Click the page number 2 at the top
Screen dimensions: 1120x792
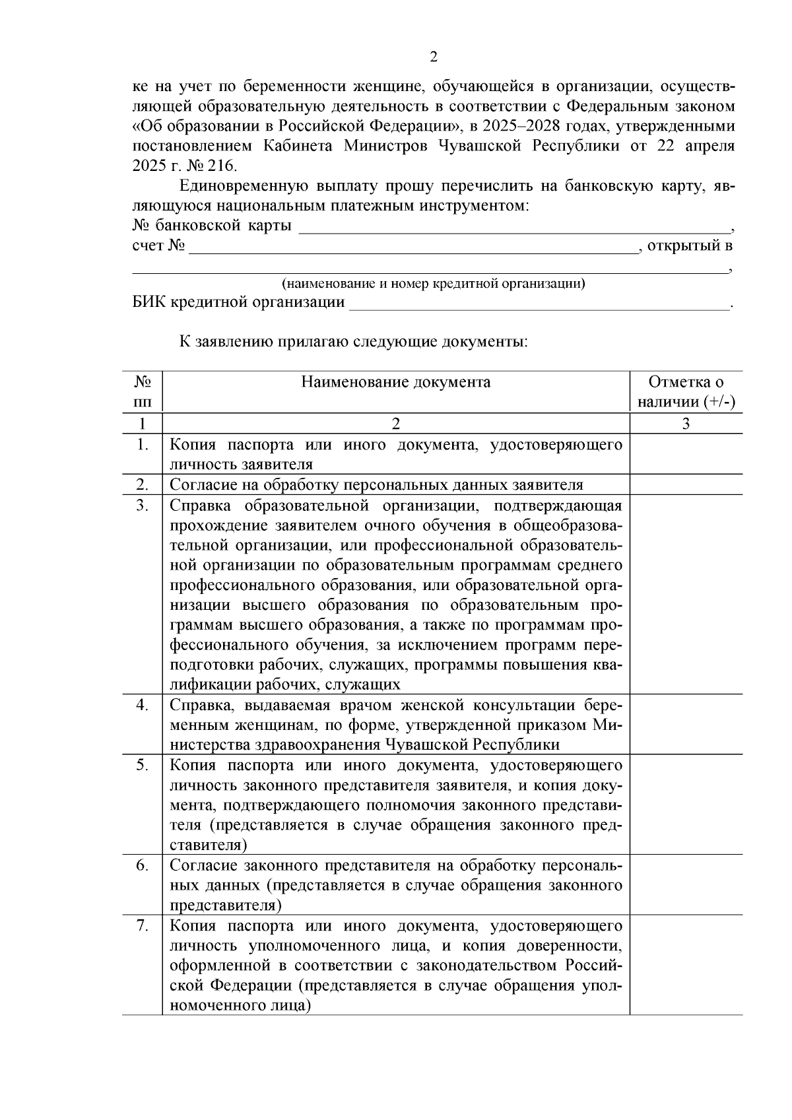coord(433,57)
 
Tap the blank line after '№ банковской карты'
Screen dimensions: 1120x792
coord(515,227)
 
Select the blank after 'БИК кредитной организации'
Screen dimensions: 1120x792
coord(538,303)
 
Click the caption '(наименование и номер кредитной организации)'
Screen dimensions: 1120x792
coord(433,284)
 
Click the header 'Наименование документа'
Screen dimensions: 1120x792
coord(395,383)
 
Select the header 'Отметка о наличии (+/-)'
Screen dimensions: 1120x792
coord(686,392)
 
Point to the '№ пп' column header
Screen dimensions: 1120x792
coord(143,392)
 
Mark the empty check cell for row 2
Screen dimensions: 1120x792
coord(686,485)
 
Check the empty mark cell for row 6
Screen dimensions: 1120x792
coord(686,885)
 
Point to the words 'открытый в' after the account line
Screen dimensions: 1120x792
coord(690,247)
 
